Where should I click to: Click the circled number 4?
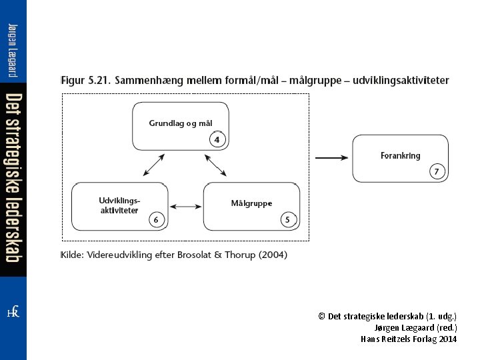[x=217, y=139]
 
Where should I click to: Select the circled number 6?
[x=155, y=219]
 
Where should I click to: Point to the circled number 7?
[x=437, y=171]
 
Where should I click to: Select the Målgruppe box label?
[x=251, y=203]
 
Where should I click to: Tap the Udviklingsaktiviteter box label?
[x=119, y=205]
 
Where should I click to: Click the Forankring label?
[x=400, y=156]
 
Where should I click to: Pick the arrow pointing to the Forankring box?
[x=350, y=157]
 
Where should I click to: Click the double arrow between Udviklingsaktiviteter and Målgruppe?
[x=185, y=207]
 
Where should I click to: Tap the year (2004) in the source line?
[x=273, y=255]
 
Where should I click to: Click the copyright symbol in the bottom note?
[x=321, y=317]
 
